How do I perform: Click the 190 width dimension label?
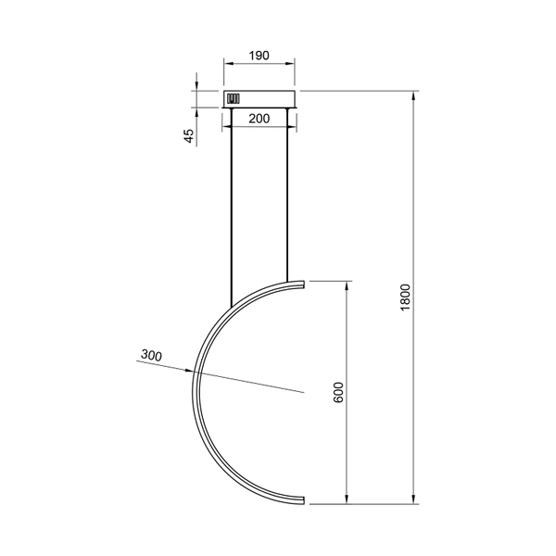(x=259, y=56)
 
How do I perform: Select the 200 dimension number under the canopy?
(x=259, y=120)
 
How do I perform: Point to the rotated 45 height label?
(x=189, y=135)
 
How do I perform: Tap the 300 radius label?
(x=153, y=355)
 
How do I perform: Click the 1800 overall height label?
(x=405, y=297)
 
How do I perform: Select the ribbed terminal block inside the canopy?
(x=233, y=98)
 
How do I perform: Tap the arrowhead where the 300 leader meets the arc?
(x=196, y=372)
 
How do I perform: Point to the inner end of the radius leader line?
(x=303, y=393)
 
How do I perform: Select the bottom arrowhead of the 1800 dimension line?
(x=413, y=502)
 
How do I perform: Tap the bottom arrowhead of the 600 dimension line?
(x=347, y=502)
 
